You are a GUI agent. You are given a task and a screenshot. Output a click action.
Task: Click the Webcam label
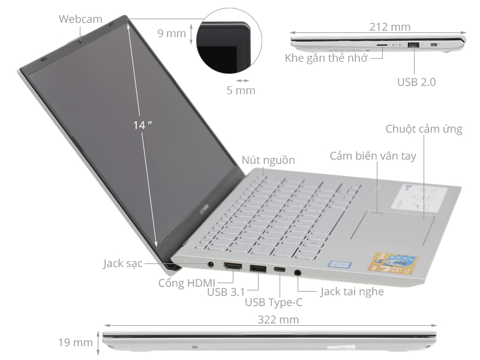click(80, 19)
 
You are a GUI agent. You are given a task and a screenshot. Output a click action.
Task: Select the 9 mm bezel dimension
click(172, 33)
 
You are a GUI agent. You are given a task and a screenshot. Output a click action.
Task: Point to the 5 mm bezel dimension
click(241, 91)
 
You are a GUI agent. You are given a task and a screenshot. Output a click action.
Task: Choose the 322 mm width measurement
click(278, 320)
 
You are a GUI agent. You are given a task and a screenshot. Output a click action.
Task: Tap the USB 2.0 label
click(416, 81)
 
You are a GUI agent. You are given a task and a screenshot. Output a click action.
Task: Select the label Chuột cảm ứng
click(424, 129)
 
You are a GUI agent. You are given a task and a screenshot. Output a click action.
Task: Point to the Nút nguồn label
click(269, 160)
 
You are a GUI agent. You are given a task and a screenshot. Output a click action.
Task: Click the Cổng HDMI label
click(187, 282)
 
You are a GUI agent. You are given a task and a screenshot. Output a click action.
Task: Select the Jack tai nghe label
click(352, 292)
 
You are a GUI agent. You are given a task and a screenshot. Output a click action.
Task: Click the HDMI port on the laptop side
click(233, 266)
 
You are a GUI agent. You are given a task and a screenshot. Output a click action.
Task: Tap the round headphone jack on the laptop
click(299, 272)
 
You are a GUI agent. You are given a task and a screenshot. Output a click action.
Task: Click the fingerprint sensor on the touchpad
click(376, 211)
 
